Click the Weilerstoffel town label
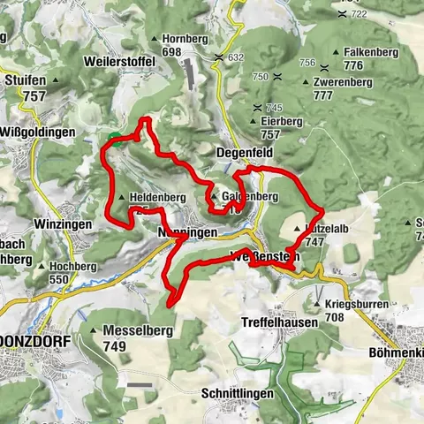(x=119, y=64)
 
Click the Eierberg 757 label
(x=283, y=128)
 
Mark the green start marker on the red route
(x=115, y=137)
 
